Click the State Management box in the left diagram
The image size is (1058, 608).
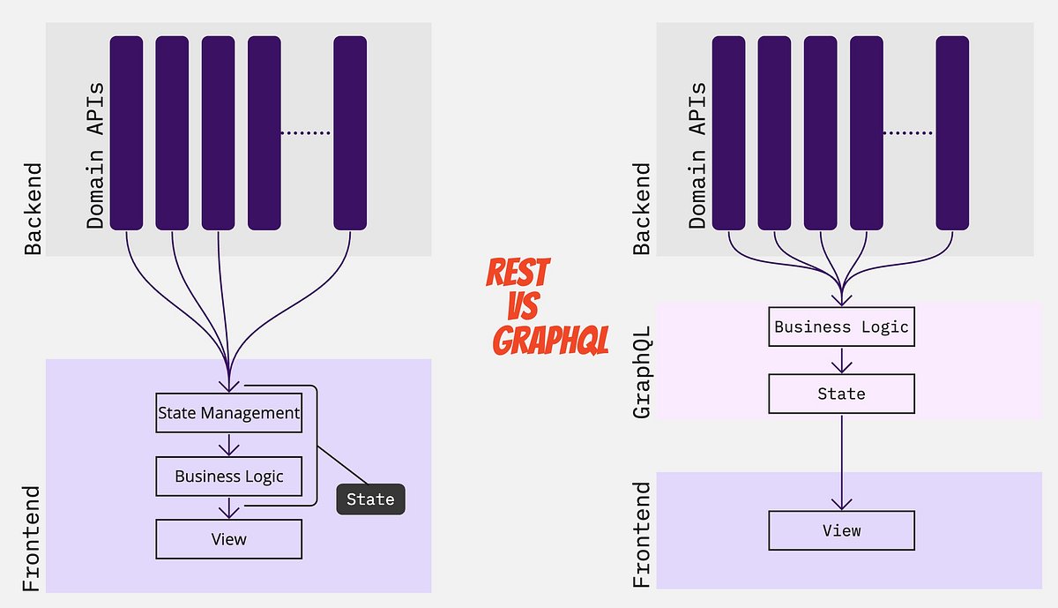point(228,412)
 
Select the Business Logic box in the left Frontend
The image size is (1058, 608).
point(228,477)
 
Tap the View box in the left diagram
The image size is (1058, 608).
point(228,538)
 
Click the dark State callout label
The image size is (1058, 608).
point(370,499)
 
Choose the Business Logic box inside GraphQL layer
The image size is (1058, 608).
point(841,327)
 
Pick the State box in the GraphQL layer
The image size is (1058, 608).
point(841,394)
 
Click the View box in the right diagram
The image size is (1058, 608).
point(841,530)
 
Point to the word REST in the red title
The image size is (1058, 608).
point(518,273)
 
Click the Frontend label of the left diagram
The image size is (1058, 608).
point(32,538)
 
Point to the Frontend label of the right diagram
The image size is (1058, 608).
point(643,535)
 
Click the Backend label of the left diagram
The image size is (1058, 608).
point(33,209)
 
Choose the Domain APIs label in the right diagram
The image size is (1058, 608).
point(697,156)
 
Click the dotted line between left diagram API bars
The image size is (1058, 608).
point(305,133)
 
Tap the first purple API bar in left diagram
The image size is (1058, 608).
point(126,133)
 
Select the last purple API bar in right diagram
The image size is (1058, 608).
point(952,133)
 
